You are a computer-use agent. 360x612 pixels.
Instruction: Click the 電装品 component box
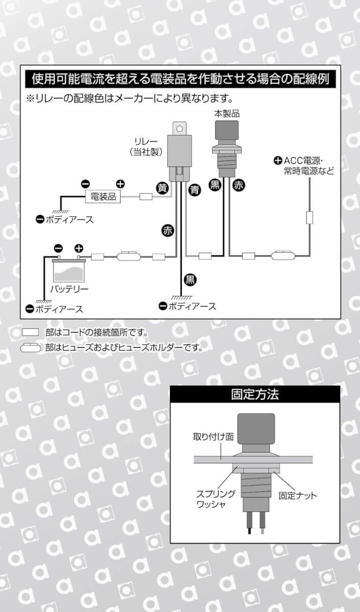coord(103,196)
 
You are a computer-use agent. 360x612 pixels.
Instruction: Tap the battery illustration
coord(69,269)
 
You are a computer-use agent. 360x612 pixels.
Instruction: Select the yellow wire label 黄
coord(163,188)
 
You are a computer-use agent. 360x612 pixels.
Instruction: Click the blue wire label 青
coord(194,190)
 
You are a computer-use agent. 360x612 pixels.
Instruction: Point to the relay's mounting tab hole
coord(179,129)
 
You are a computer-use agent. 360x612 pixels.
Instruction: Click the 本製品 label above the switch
coord(227,113)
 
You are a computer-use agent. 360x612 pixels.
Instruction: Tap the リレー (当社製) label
coord(146,147)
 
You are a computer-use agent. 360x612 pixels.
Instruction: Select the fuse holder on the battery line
coord(128,256)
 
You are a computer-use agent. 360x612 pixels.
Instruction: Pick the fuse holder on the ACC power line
coord(283,256)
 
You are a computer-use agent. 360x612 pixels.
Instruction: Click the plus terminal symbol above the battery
coord(79,248)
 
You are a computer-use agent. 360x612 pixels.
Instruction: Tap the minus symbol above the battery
coord(58,248)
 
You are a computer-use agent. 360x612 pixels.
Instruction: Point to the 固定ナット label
coord(297,495)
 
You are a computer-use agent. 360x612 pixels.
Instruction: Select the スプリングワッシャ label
coord(216,499)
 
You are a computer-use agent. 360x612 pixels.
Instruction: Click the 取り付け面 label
coord(213,437)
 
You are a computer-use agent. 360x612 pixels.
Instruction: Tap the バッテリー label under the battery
coord(69,289)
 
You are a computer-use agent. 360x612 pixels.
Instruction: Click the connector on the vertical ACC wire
coord(310,217)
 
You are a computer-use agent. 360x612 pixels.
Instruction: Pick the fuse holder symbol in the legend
coord(31,347)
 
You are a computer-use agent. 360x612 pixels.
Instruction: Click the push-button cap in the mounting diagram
coord(255,429)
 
